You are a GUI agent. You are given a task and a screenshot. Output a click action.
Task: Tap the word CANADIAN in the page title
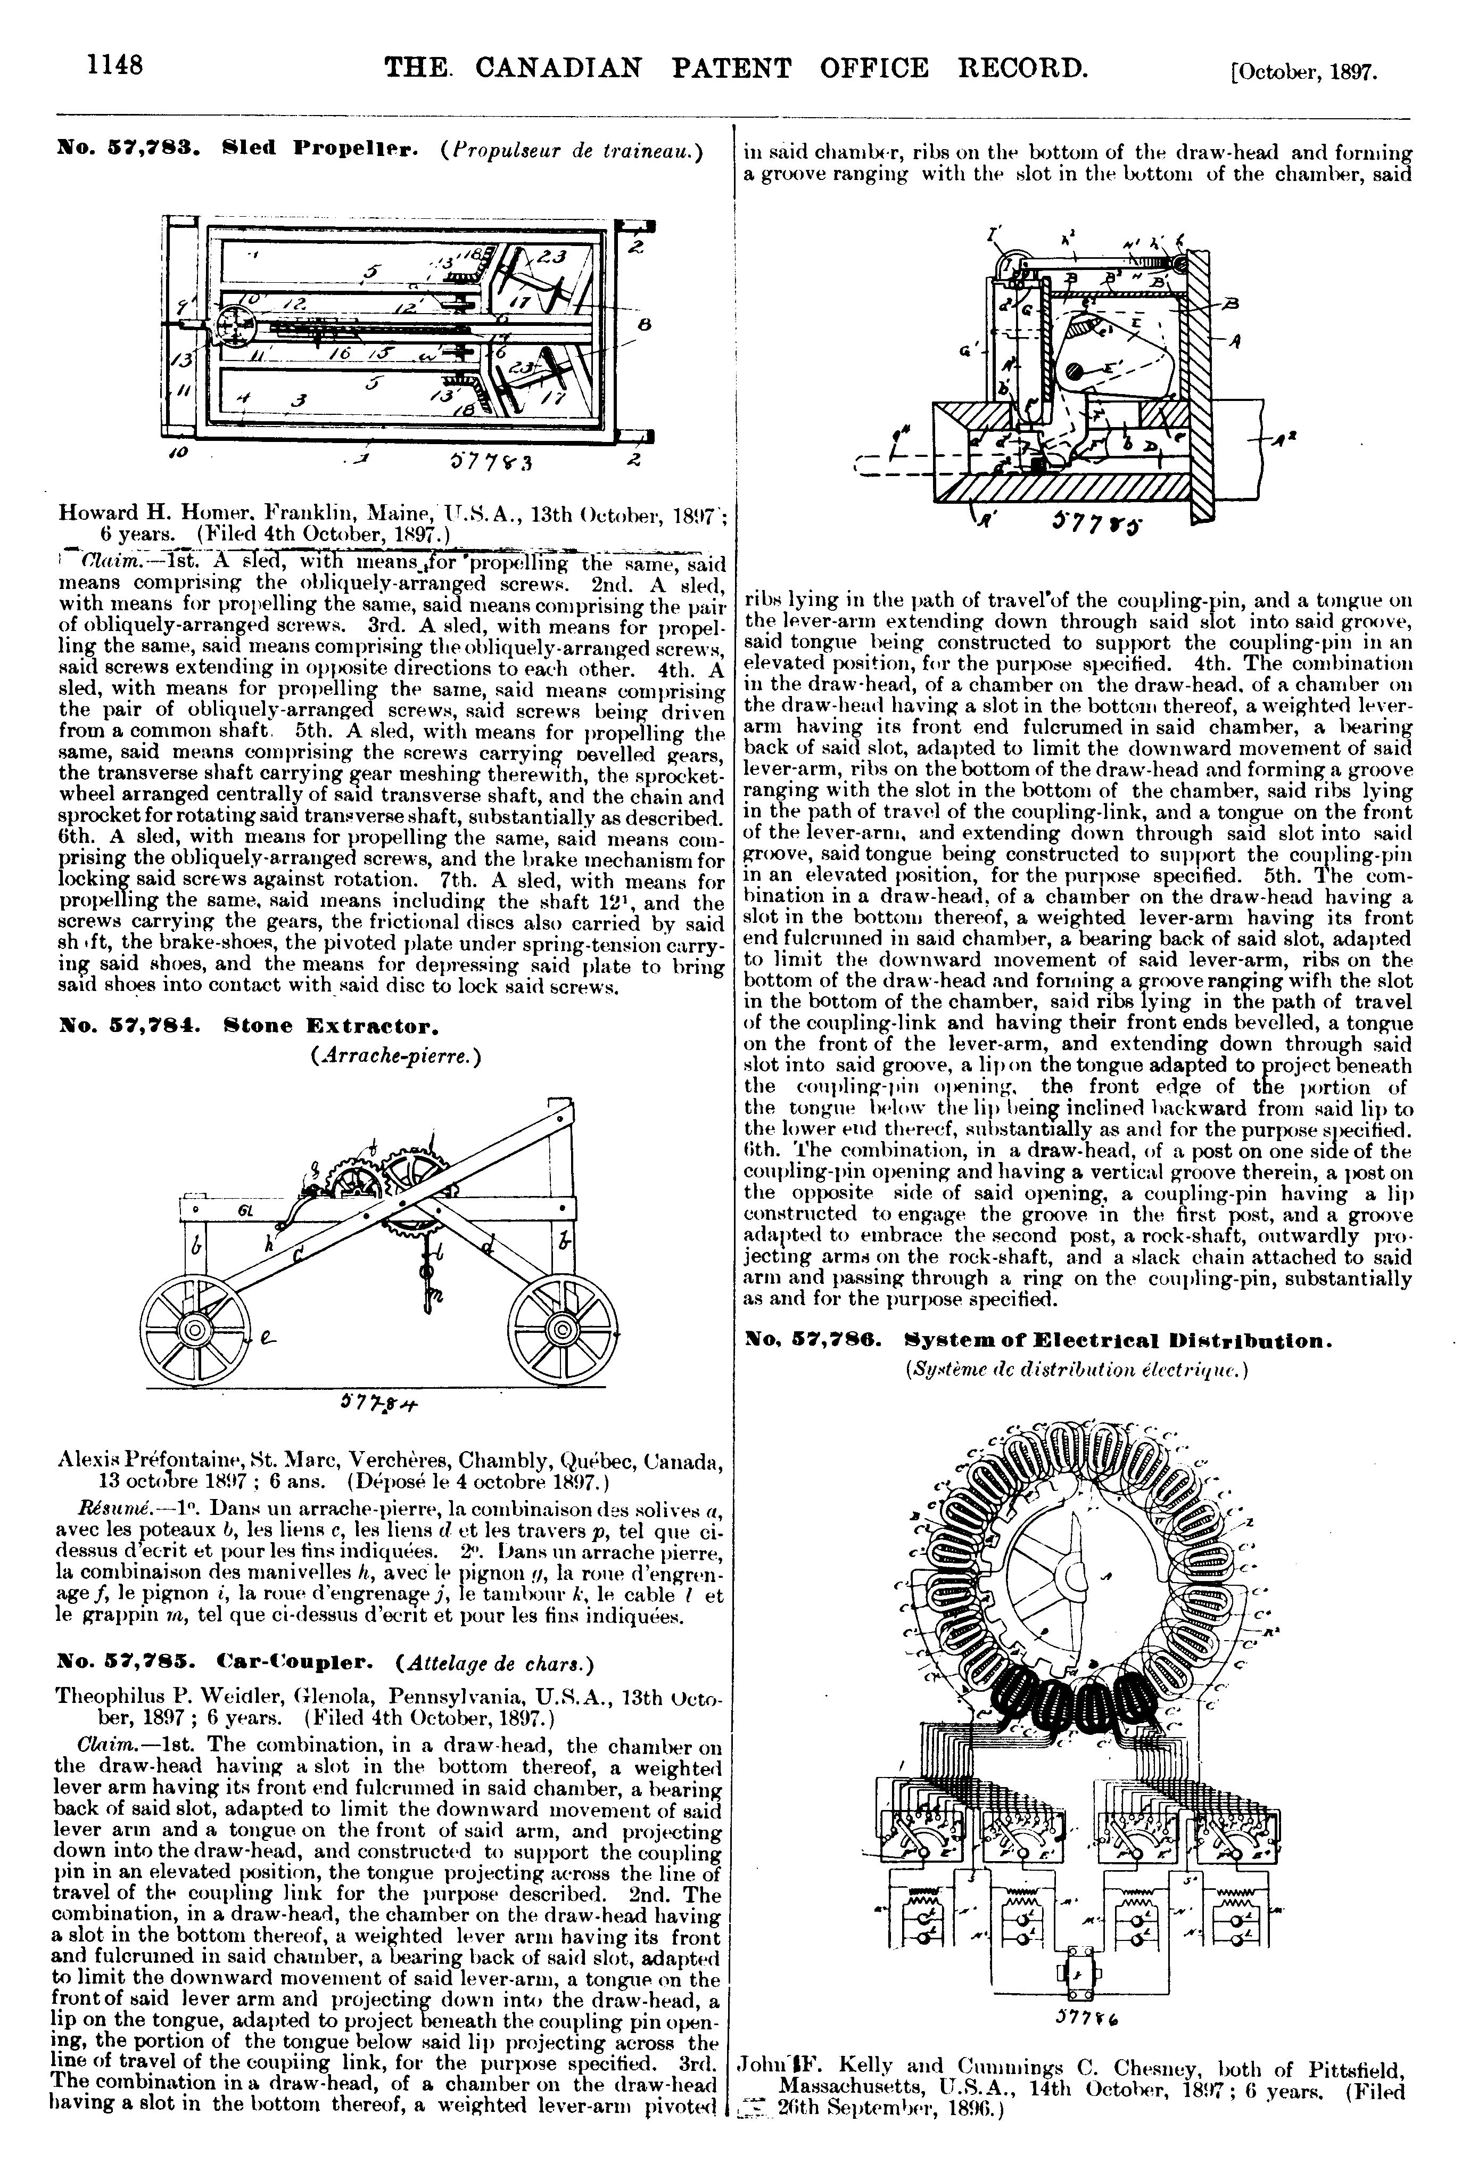(559, 69)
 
